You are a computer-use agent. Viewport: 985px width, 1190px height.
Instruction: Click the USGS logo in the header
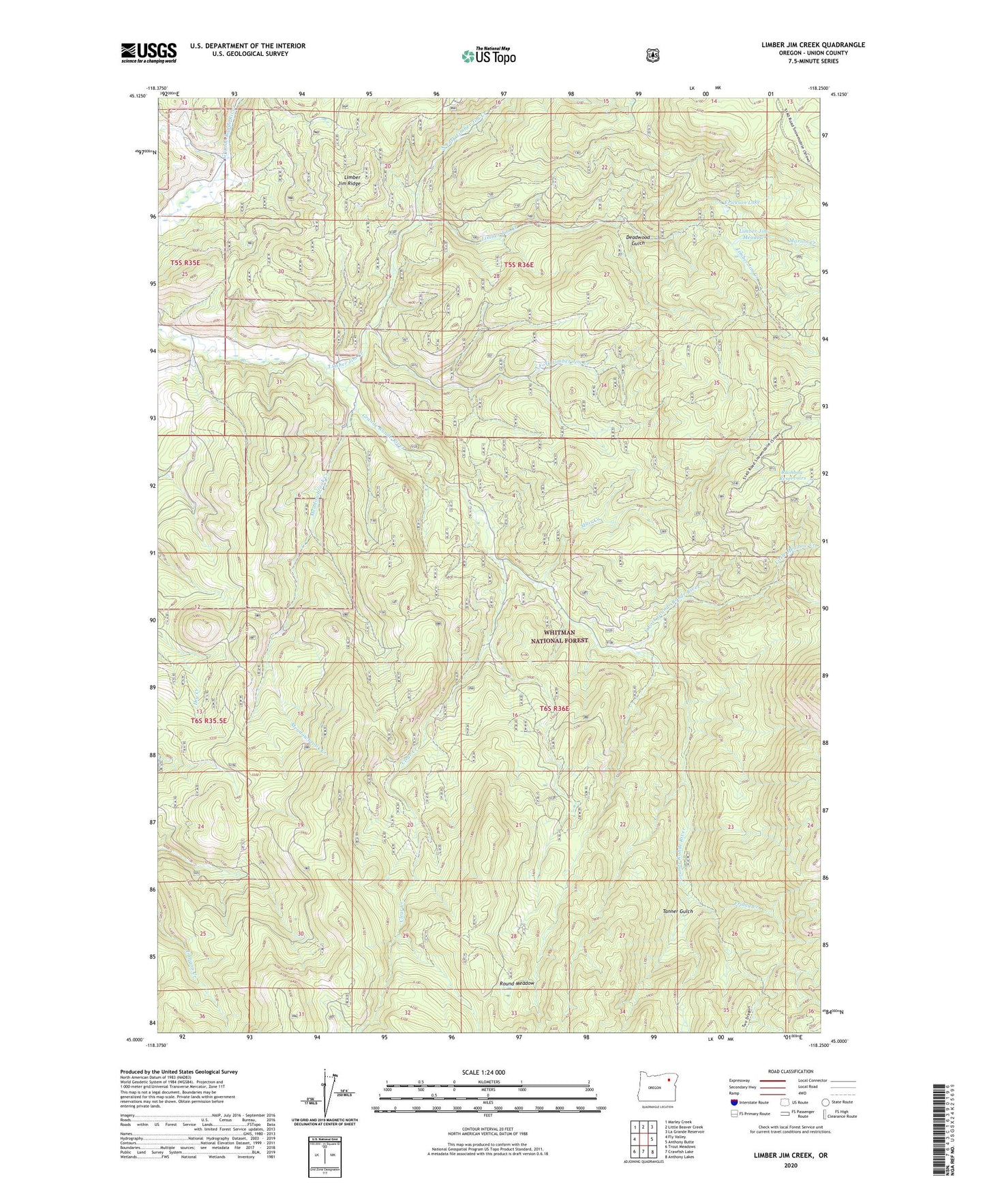coord(149,52)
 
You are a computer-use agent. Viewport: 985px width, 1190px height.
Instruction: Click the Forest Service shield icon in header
coord(652,55)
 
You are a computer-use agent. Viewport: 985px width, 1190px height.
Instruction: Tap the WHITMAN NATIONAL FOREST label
coord(560,637)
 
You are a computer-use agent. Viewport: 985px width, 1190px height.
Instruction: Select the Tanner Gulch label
coord(678,911)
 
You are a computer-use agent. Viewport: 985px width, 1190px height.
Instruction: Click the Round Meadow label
coord(517,983)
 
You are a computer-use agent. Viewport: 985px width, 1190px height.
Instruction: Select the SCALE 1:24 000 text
coord(487,1072)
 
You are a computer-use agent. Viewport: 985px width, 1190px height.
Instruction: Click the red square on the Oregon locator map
coord(669,1098)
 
